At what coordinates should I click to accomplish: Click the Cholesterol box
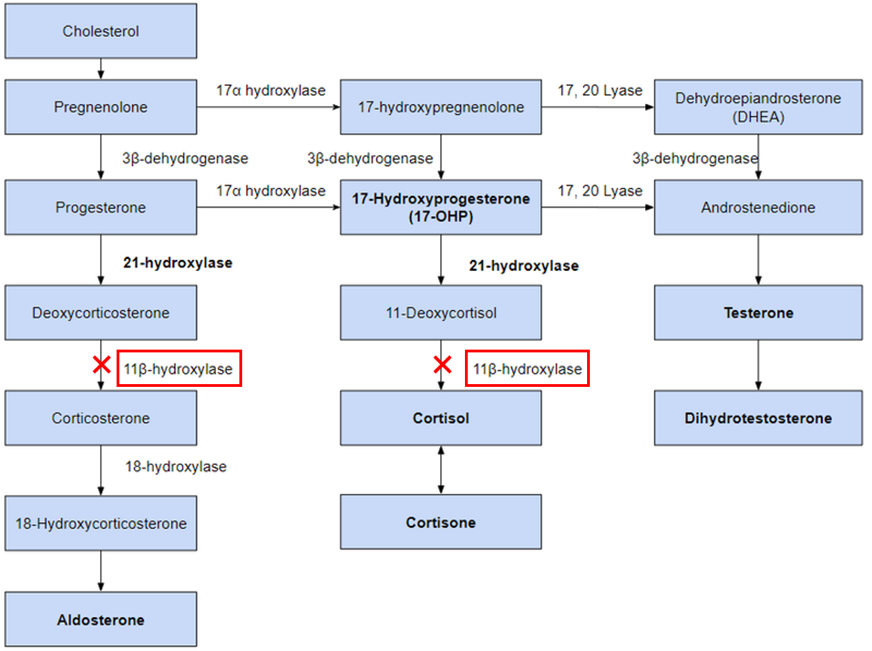pos(101,32)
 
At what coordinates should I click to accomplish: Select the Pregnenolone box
pos(101,107)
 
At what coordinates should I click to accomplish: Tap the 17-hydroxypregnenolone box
pos(441,107)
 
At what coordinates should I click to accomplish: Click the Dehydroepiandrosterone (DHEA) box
pos(758,107)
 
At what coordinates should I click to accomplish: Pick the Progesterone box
pos(101,208)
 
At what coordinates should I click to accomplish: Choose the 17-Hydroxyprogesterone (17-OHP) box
pos(441,208)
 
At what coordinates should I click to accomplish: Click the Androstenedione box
pos(758,208)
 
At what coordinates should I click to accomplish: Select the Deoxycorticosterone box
pos(101,313)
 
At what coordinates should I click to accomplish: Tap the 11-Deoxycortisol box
pos(441,313)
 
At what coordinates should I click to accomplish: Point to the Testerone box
pos(758,313)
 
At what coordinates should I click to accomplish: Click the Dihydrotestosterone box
pos(758,418)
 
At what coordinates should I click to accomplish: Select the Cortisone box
pos(441,522)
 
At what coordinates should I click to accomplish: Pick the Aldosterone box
pos(101,619)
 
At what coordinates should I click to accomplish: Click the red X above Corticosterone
pos(101,365)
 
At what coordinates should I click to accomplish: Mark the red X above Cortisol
pos(442,365)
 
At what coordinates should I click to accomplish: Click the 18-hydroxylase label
pos(176,467)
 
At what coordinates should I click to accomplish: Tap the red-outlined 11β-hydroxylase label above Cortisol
pos(527,370)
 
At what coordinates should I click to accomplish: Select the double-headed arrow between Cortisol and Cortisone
pos(441,470)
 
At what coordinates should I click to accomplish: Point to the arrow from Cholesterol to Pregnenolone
pos(101,69)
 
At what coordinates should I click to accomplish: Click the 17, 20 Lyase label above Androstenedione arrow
pos(599,191)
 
